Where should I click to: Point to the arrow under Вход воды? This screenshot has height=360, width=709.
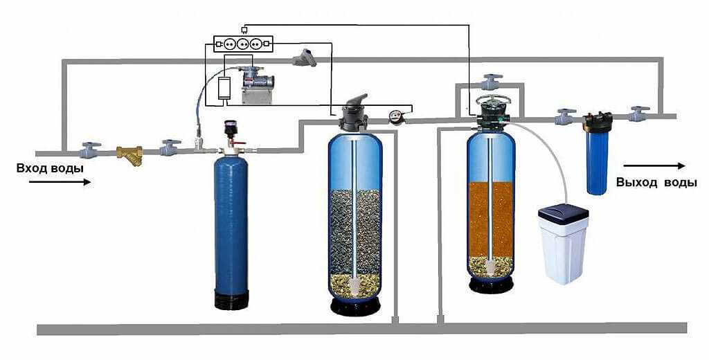tap(60, 182)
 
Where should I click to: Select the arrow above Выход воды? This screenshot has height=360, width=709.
tap(654, 166)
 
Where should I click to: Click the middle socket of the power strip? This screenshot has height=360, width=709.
tap(243, 44)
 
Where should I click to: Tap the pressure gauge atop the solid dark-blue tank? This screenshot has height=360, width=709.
tap(231, 129)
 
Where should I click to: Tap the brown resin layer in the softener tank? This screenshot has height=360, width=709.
tap(491, 218)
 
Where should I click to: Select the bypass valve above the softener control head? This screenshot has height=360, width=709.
tap(491, 81)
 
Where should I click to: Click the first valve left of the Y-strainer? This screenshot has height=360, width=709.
tap(89, 149)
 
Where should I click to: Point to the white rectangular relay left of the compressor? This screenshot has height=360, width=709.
tap(224, 89)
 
